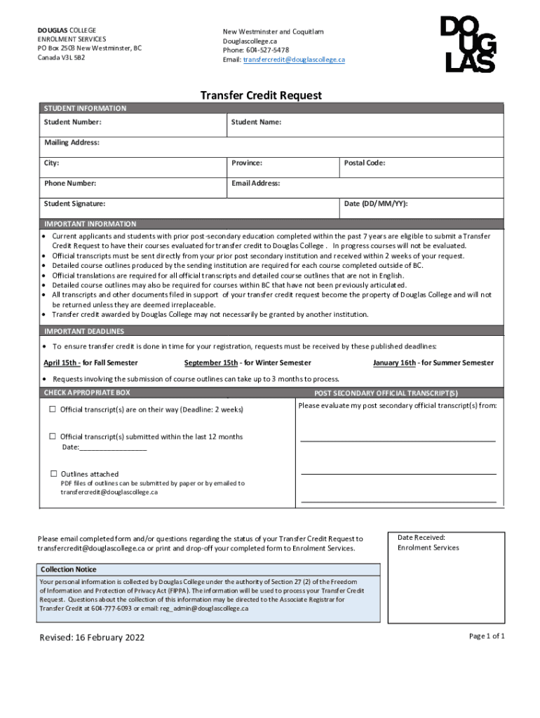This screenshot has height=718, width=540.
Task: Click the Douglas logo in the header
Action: [468, 46]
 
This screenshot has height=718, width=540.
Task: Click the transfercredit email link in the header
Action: [294, 60]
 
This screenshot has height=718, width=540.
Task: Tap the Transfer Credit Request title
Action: [261, 95]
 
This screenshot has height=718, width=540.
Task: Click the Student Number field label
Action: [73, 123]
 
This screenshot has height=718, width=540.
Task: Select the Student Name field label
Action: [256, 123]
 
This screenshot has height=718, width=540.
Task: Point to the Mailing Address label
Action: [72, 143]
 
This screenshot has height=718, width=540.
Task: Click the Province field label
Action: [247, 163]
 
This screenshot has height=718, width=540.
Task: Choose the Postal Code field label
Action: [365, 163]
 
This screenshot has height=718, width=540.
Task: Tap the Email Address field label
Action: [256, 184]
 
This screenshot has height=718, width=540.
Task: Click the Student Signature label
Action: [75, 204]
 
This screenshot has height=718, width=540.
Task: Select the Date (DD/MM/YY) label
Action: [376, 204]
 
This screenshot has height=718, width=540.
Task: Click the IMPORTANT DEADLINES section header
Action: [84, 331]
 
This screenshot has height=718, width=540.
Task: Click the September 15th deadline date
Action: [211, 363]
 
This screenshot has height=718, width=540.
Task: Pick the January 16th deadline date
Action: [394, 363]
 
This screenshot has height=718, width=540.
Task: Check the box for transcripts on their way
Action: [53, 409]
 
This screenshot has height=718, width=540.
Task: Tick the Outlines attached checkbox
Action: [53, 474]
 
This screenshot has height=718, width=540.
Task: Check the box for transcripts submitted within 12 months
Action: [53, 436]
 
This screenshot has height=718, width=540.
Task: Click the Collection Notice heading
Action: [69, 569]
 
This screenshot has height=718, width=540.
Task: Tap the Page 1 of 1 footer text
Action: [487, 636]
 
